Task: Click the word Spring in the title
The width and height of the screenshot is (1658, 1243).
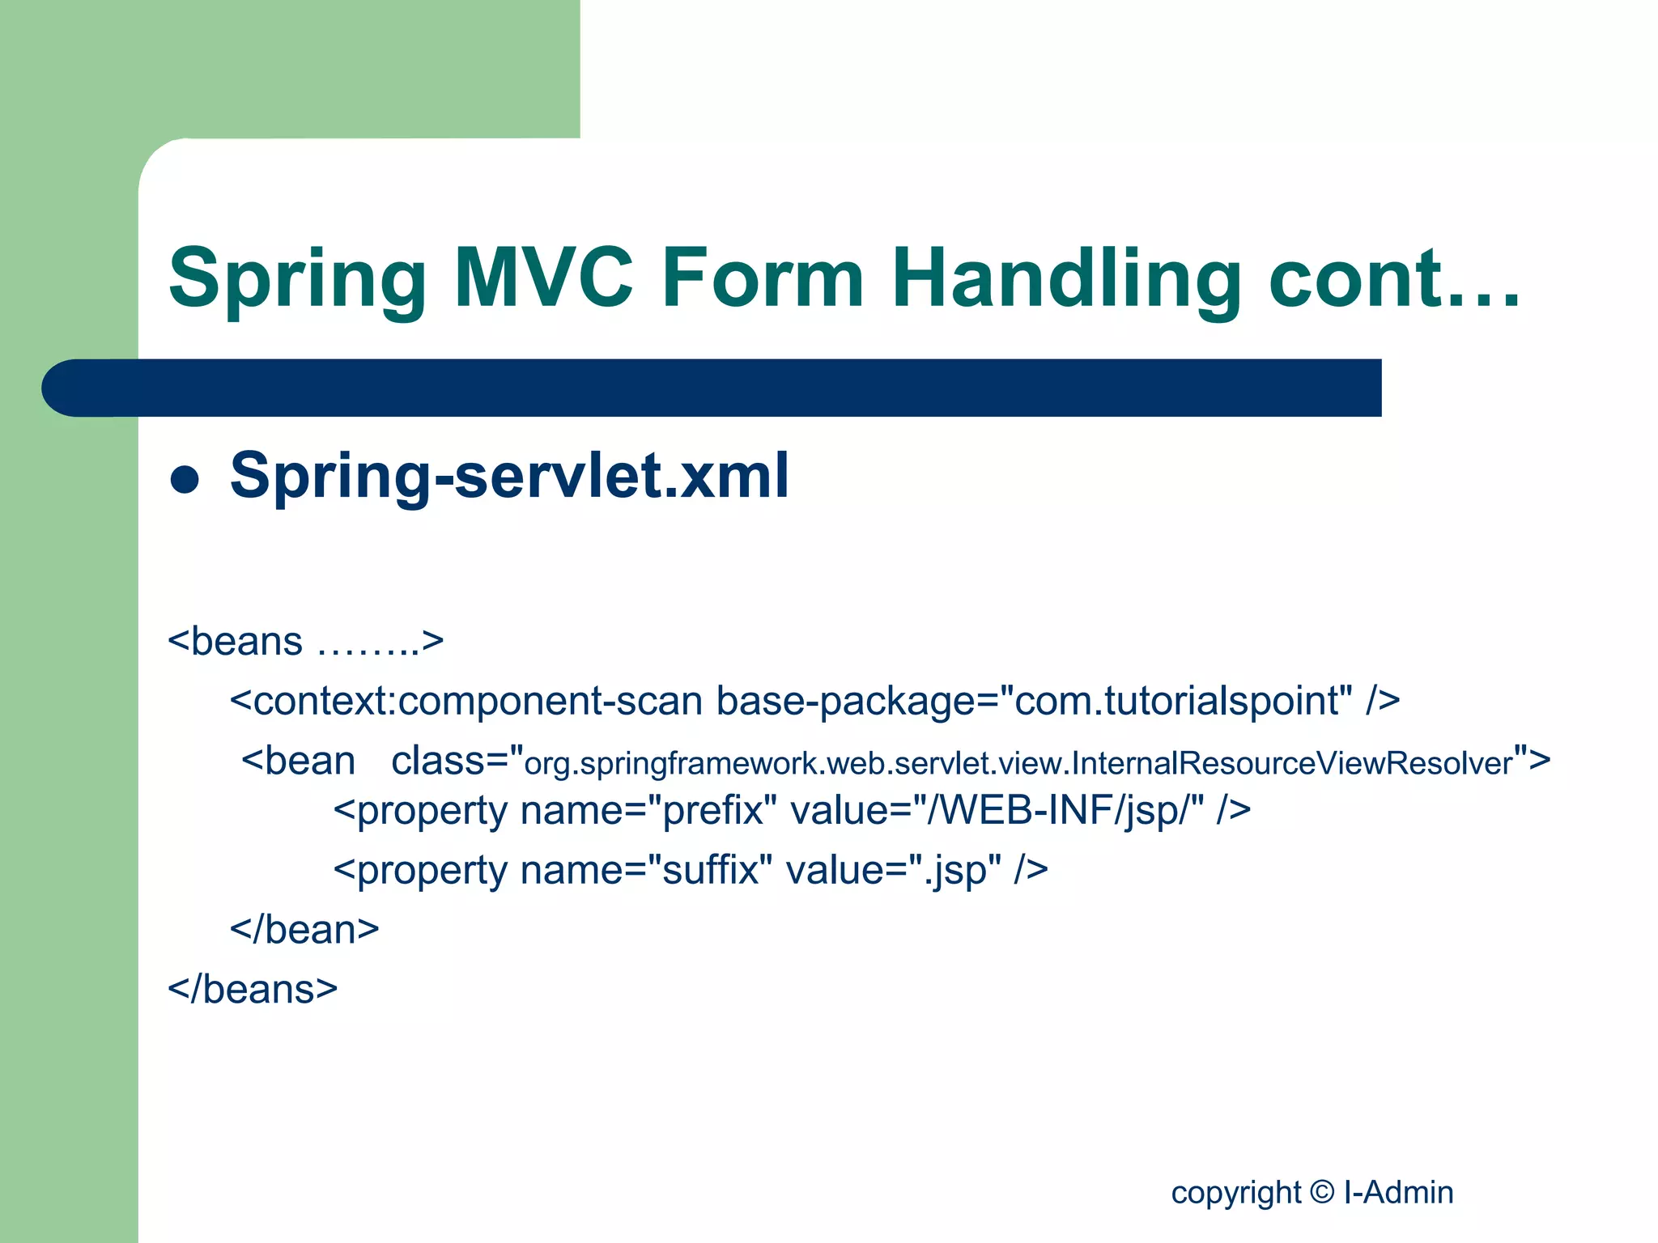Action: click(x=297, y=279)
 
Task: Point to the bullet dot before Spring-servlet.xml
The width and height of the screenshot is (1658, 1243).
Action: click(x=185, y=479)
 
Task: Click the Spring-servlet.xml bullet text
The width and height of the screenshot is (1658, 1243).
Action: click(x=509, y=475)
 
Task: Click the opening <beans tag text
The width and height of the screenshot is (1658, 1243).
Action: click(x=235, y=642)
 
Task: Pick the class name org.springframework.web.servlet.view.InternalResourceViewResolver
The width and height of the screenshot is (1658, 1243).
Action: click(x=1018, y=763)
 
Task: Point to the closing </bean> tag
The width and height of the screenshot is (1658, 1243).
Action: click(x=304, y=930)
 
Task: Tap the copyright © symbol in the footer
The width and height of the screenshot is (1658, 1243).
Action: click(x=1321, y=1192)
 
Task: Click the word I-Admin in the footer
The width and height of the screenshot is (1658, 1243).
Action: click(x=1398, y=1192)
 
